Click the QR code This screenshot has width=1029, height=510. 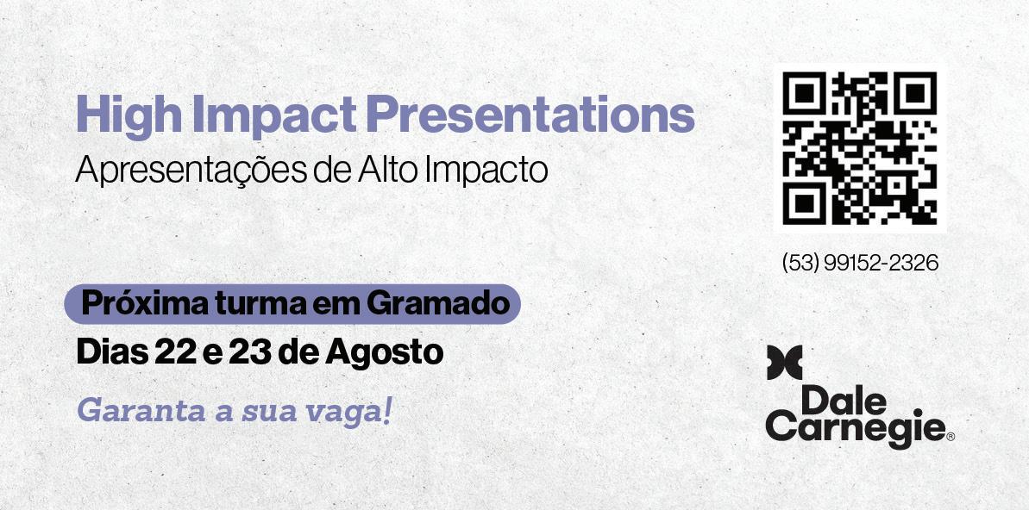pyautogui.click(x=859, y=148)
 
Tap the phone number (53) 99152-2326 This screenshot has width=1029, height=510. pyautogui.click(x=860, y=263)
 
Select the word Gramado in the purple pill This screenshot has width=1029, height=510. pyautogui.click(x=437, y=303)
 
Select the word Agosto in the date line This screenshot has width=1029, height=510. pyautogui.click(x=384, y=353)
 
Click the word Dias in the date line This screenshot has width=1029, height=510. pyautogui.click(x=111, y=352)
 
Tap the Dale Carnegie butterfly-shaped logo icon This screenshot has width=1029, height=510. pyautogui.click(x=784, y=363)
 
